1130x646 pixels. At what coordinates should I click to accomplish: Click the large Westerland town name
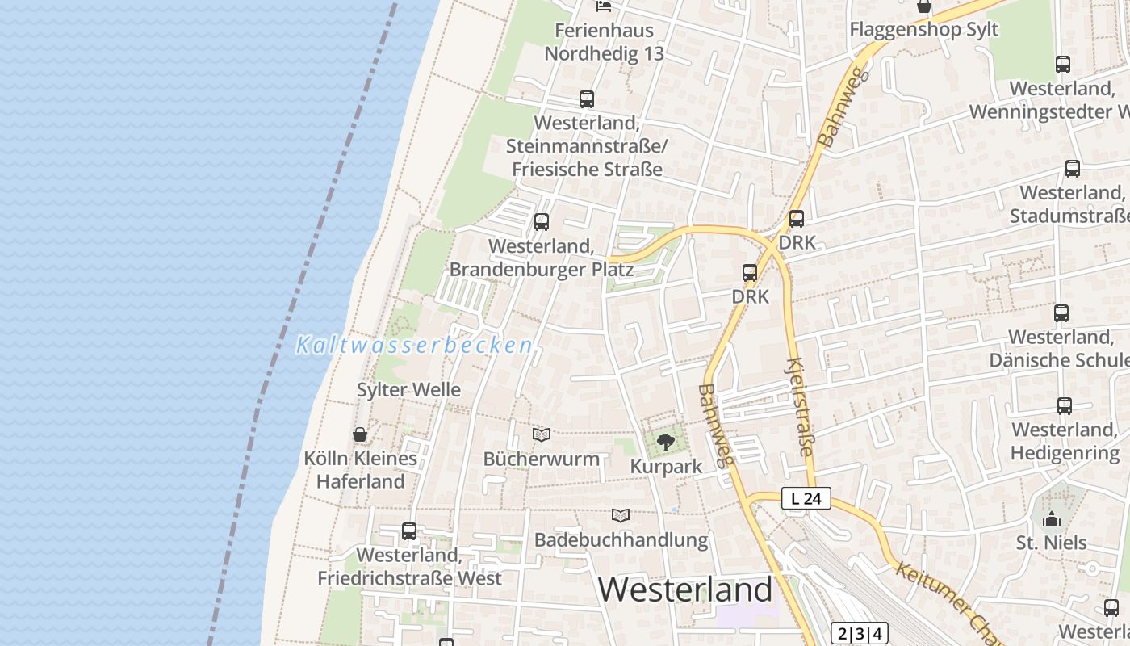coord(685,590)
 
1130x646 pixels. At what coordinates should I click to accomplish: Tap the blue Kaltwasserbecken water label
coord(414,346)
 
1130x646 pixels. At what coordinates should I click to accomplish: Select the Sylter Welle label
coord(408,390)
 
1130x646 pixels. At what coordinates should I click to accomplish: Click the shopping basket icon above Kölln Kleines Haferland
coord(360,434)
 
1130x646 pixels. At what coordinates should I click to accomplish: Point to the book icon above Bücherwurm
coord(542,434)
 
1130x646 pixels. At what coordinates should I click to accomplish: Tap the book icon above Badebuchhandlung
coord(621,515)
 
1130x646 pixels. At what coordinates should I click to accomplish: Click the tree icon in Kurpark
coord(665,442)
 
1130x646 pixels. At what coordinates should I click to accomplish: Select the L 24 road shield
coord(806,499)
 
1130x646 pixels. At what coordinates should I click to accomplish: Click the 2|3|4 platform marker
coord(859,633)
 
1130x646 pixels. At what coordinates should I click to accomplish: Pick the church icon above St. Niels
coord(1051,518)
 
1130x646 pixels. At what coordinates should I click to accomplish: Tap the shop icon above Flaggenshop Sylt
coord(924,6)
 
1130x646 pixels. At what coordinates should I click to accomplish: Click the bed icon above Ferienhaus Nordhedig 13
coord(603,6)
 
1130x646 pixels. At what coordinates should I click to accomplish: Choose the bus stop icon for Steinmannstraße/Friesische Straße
coord(587,99)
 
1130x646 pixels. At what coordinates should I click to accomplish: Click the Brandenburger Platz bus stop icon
coord(542,221)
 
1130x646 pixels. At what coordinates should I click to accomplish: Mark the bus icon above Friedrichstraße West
coord(409,531)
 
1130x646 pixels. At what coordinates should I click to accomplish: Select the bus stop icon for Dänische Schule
coord(1061,313)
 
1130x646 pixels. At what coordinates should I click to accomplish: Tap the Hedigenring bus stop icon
coord(1065,405)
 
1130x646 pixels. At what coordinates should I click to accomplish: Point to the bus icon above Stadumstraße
coord(1073,169)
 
